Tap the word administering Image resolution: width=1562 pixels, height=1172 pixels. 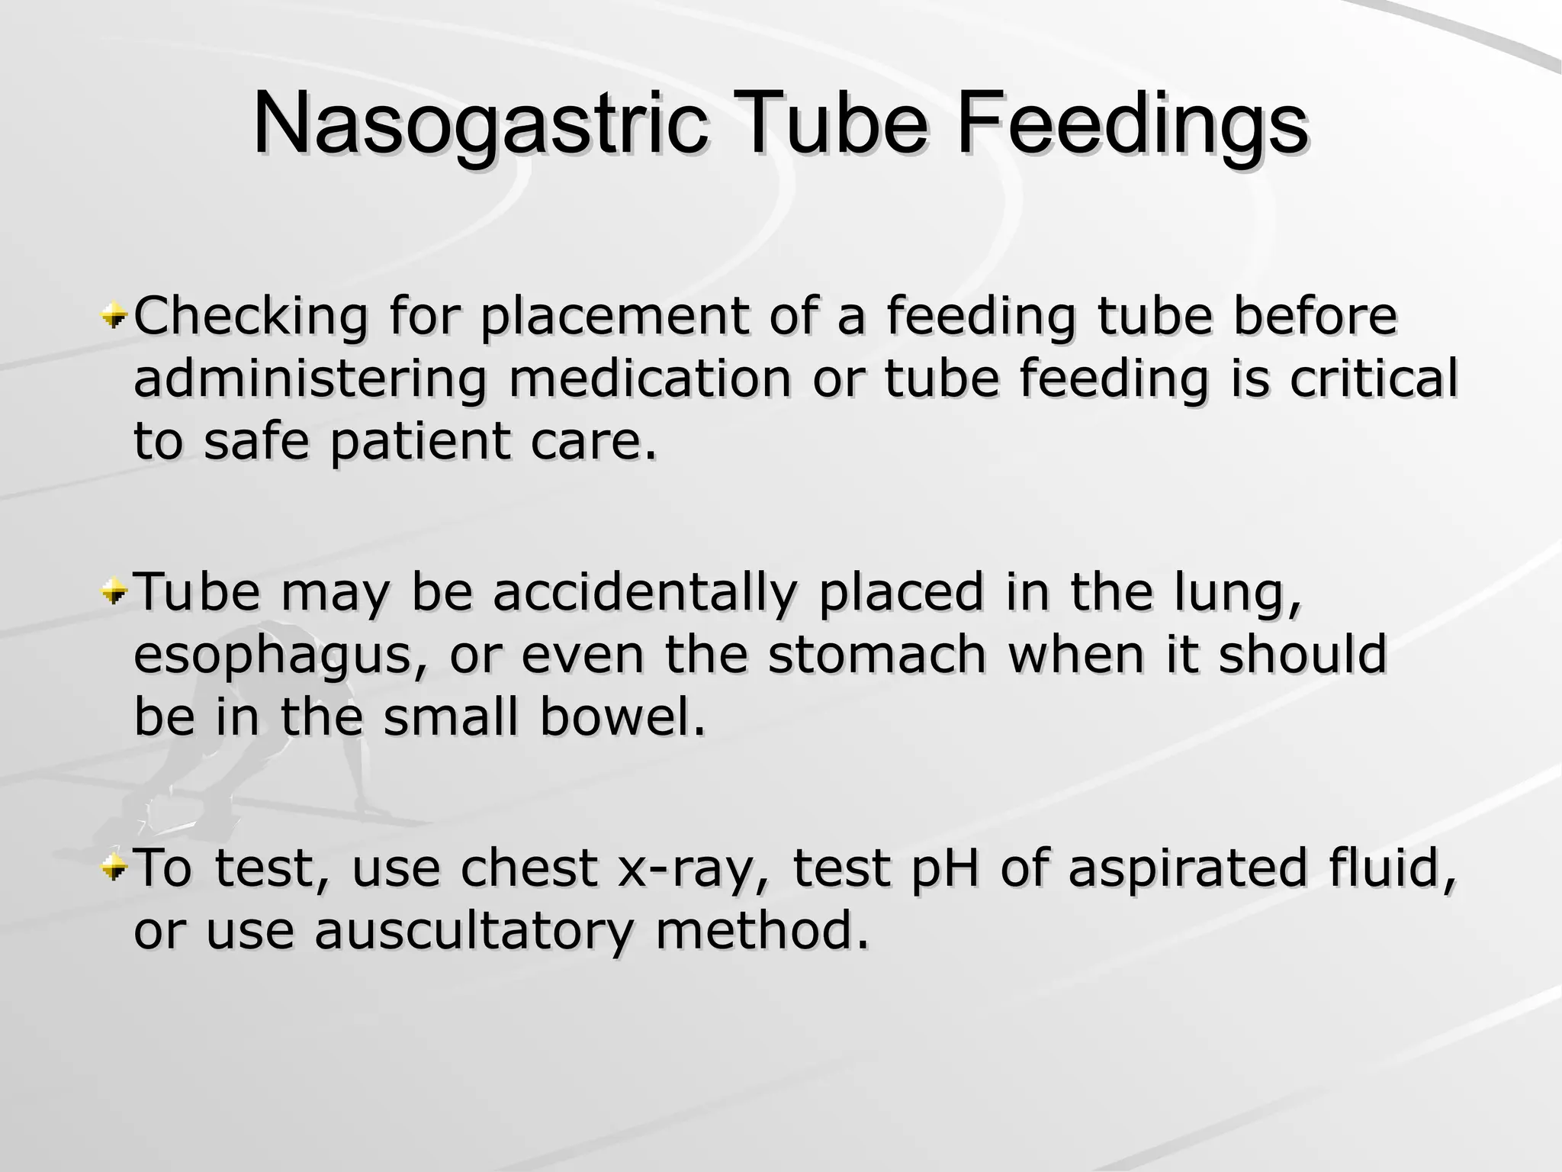pyautogui.click(x=310, y=379)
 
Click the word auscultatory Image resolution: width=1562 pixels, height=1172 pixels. pyautogui.click(x=473, y=932)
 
